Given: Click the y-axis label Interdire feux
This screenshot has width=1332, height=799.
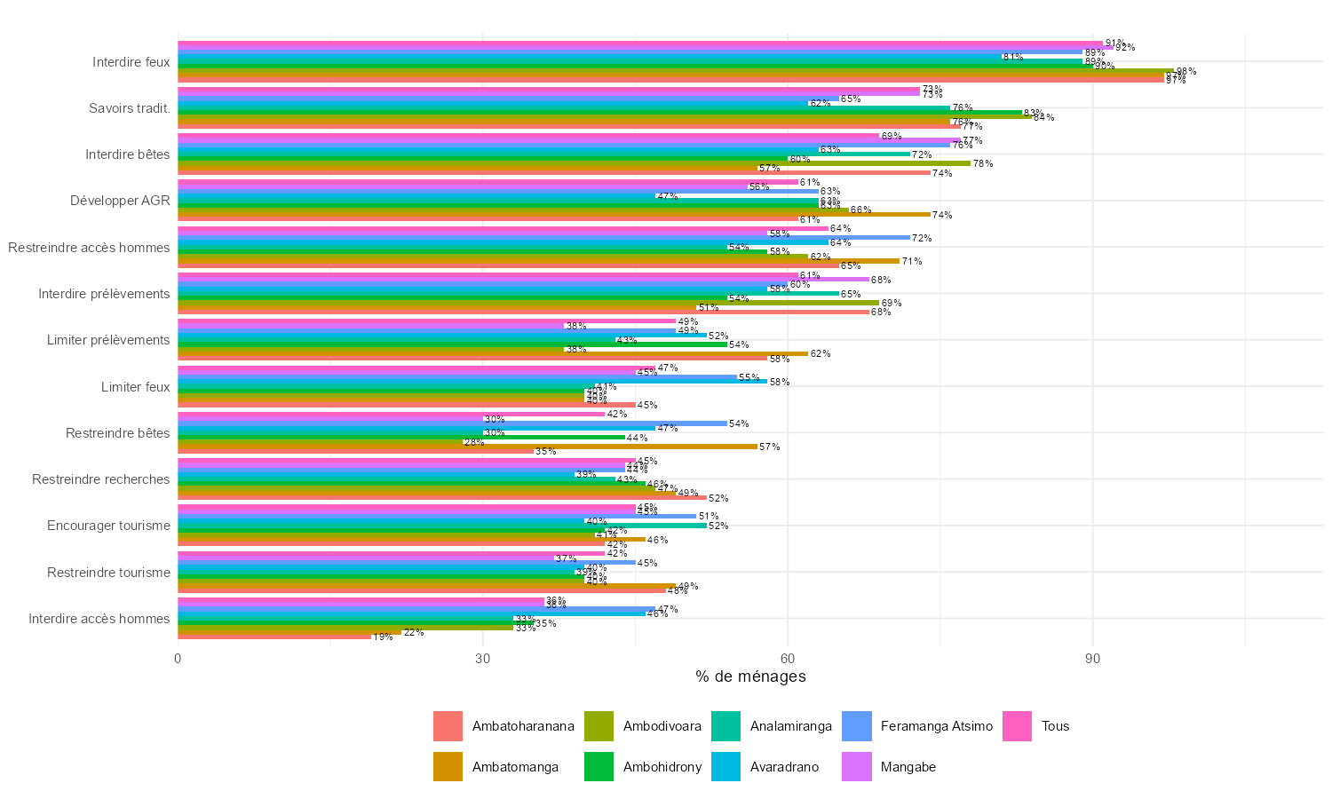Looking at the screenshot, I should pos(131,62).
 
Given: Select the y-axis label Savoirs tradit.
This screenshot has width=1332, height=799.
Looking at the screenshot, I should pos(130,108).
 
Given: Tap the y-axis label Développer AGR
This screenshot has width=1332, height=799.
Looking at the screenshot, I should pos(121,201).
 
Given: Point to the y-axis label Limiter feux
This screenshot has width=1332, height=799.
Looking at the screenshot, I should pos(136,387).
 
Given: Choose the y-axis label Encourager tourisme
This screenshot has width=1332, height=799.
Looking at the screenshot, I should pos(108,526).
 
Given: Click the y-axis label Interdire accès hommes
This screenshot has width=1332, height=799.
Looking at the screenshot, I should pos(99,619).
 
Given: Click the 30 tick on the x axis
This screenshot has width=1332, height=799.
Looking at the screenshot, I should pos(483,659).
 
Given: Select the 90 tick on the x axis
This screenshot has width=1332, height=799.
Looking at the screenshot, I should pos(1093,659).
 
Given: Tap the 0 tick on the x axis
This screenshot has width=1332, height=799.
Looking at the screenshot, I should pos(178,659).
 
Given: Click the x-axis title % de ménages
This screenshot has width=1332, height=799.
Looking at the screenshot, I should pos(750,677).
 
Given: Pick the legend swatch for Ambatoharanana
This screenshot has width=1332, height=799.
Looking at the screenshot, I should pos(448,726).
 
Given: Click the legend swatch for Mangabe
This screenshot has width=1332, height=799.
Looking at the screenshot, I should pos(857,767).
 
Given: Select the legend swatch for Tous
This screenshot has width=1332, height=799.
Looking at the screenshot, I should pos(1019,726).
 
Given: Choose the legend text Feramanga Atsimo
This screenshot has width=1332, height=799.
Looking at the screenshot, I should pos(936,726).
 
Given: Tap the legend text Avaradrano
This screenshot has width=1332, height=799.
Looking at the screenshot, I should pos(784,767).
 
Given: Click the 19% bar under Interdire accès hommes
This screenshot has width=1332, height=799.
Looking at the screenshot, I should pos(274,637).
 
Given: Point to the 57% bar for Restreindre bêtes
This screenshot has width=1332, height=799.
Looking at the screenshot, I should pos(467,447).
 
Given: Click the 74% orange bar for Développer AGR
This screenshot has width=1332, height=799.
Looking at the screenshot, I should pos(554,215).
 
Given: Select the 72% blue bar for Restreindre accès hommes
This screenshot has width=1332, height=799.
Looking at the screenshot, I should pos(543,238).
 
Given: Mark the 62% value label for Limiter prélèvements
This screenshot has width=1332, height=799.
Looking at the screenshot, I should pos(821,353).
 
